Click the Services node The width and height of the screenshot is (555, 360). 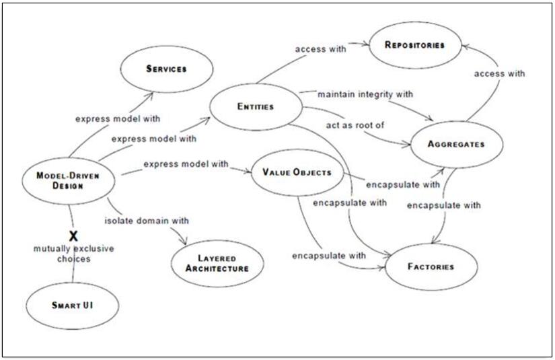(x=166, y=69)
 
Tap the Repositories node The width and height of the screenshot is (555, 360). (x=415, y=45)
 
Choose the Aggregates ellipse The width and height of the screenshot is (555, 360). (x=455, y=144)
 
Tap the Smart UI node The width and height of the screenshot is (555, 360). (x=71, y=305)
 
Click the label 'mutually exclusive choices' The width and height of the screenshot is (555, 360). (x=73, y=253)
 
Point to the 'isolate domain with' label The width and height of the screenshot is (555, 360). (x=146, y=220)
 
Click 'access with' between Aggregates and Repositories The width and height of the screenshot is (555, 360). (x=498, y=73)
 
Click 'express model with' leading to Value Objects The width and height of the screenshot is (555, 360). (x=186, y=164)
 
